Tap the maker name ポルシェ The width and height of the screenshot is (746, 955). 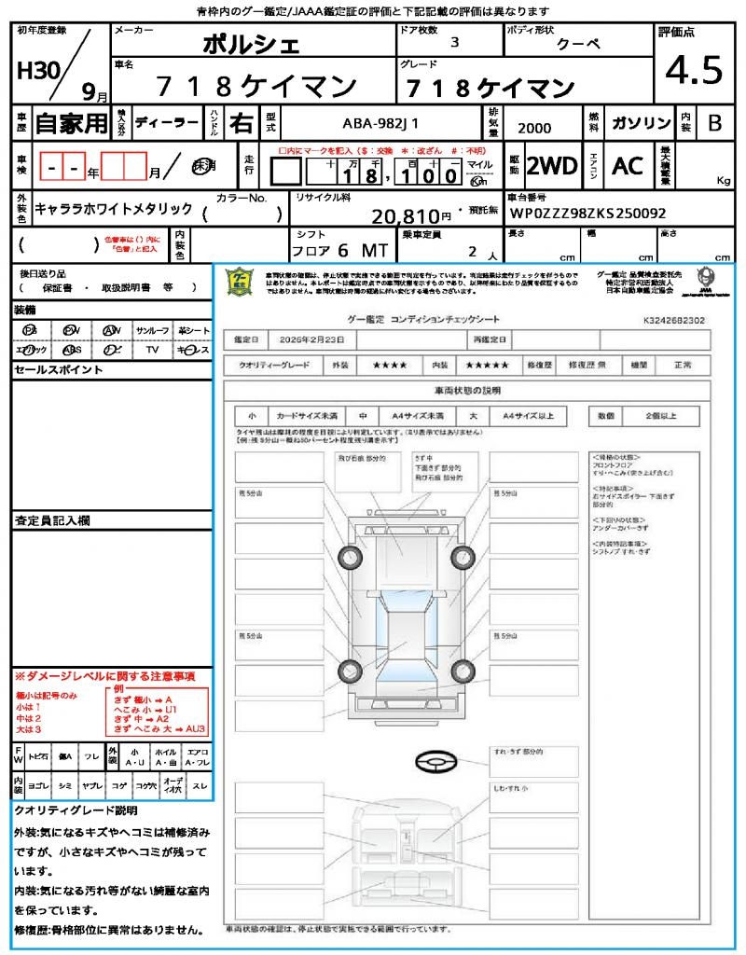252,45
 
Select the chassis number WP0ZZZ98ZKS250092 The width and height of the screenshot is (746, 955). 587,214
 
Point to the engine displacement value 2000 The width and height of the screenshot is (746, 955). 533,129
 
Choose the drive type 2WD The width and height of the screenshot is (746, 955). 552,166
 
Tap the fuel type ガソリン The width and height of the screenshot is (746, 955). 641,123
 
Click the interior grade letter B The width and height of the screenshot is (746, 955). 714,123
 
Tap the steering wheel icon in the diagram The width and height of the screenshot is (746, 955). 435,762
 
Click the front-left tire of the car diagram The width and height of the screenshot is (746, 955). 351,558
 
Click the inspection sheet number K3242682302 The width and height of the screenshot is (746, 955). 674,320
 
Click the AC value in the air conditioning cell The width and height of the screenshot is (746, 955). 628,166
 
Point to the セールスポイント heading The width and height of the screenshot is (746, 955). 58,370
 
